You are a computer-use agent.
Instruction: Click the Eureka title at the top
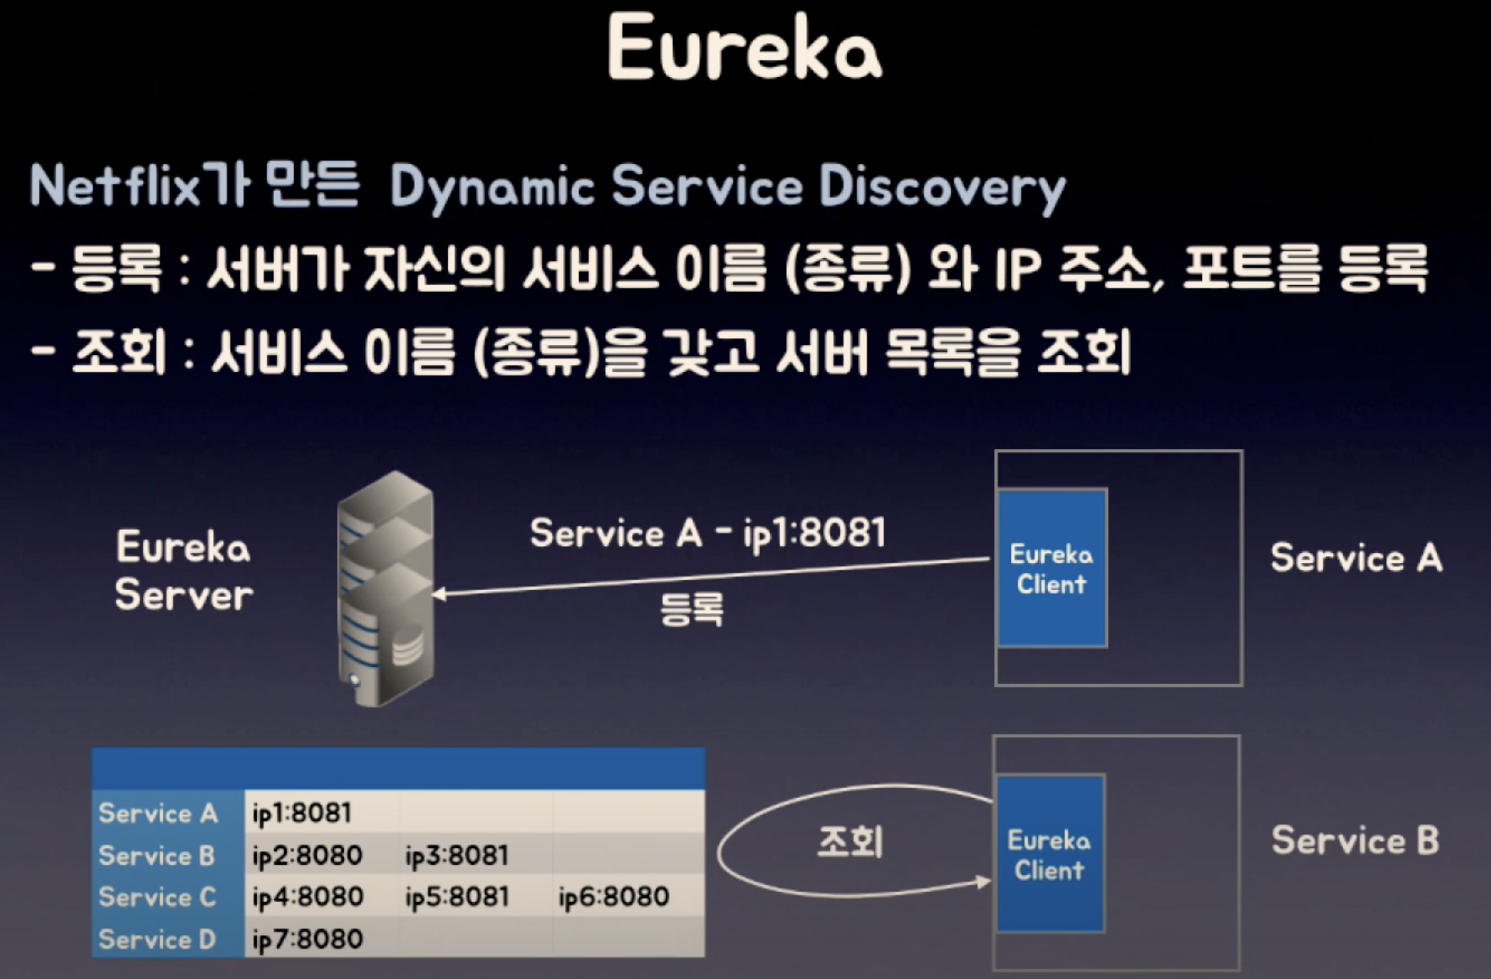(x=744, y=48)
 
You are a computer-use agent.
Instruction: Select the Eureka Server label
(x=183, y=571)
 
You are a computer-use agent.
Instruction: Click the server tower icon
(x=385, y=588)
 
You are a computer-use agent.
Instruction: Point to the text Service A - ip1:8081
(x=707, y=533)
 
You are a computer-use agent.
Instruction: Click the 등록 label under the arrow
(x=691, y=609)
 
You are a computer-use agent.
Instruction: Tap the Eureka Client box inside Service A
(x=1051, y=568)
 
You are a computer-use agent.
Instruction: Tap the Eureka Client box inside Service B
(x=1050, y=854)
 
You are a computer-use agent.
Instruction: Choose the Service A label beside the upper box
(x=1356, y=558)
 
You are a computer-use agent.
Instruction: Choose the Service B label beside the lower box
(x=1354, y=840)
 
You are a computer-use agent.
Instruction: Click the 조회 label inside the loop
(x=850, y=842)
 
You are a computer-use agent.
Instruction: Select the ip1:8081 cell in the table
(x=302, y=812)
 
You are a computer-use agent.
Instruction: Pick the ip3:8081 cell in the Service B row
(x=456, y=855)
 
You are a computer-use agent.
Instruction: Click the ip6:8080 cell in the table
(x=614, y=896)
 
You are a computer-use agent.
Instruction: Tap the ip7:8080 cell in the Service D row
(x=307, y=938)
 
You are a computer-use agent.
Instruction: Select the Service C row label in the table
(x=157, y=896)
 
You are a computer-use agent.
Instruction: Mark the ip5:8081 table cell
(x=456, y=896)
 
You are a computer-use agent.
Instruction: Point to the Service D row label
(x=157, y=938)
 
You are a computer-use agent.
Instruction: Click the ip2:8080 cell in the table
(x=307, y=855)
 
